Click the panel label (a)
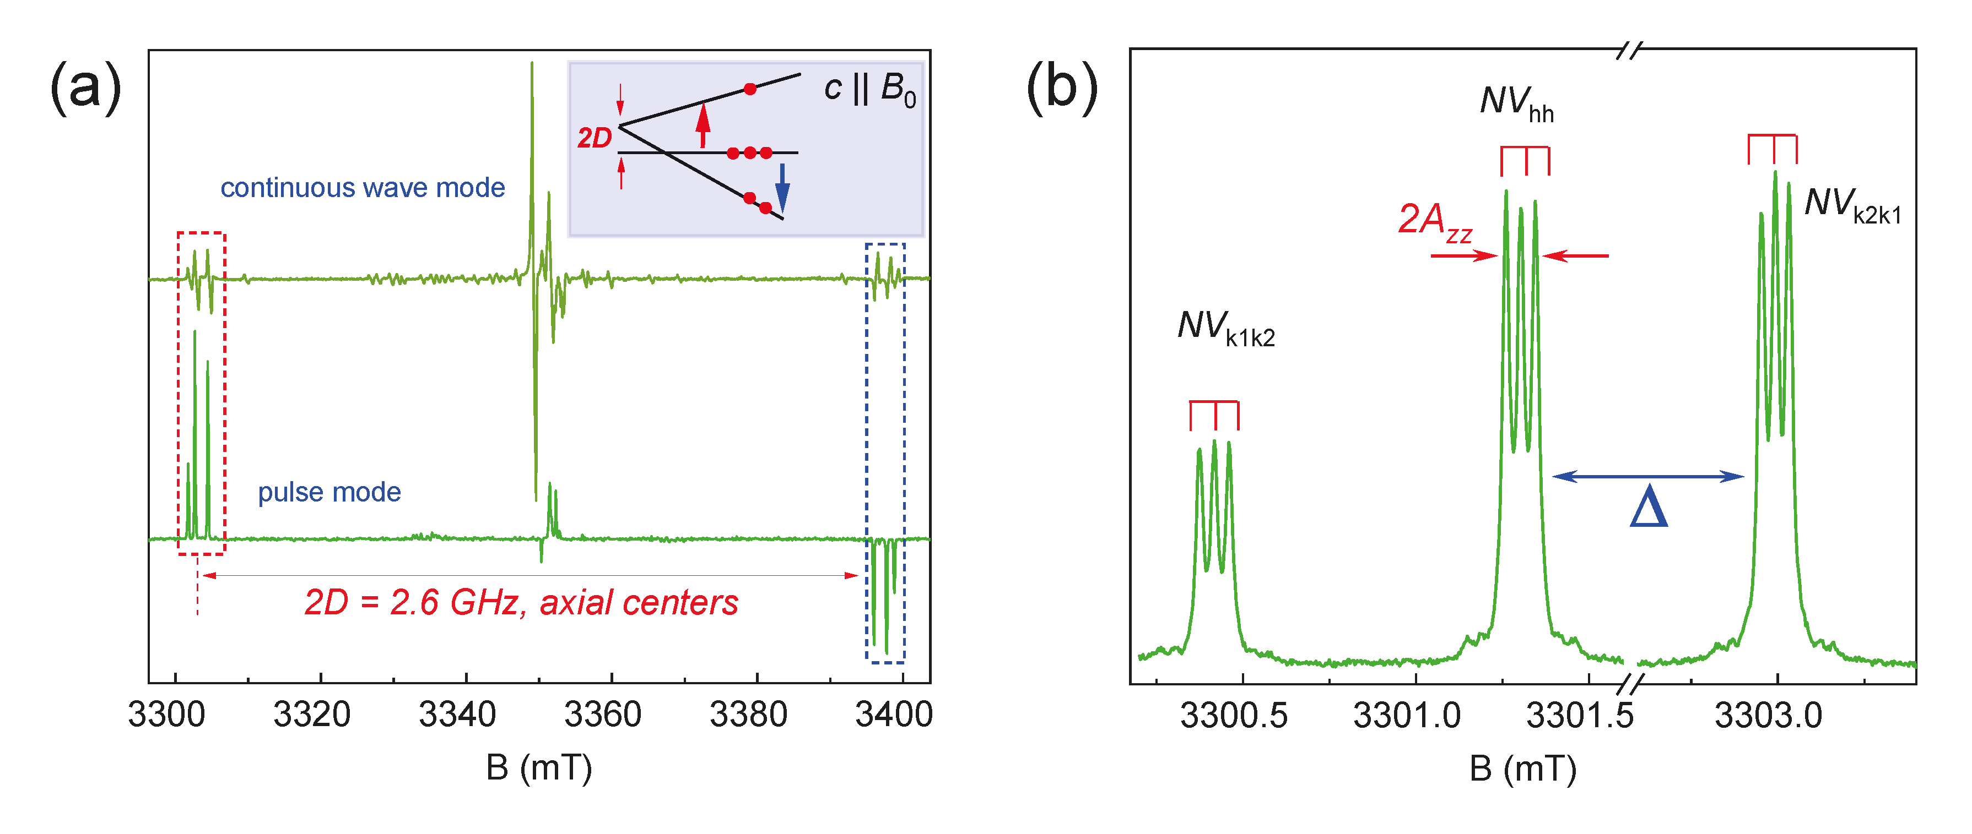(x=86, y=88)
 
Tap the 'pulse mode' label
(x=329, y=492)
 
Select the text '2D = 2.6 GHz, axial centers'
(x=521, y=603)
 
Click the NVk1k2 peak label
(x=1225, y=328)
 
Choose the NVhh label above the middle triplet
(x=1516, y=103)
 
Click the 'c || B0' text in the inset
(x=869, y=90)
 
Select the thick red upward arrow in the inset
(x=703, y=126)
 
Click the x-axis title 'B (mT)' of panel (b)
(x=1522, y=769)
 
